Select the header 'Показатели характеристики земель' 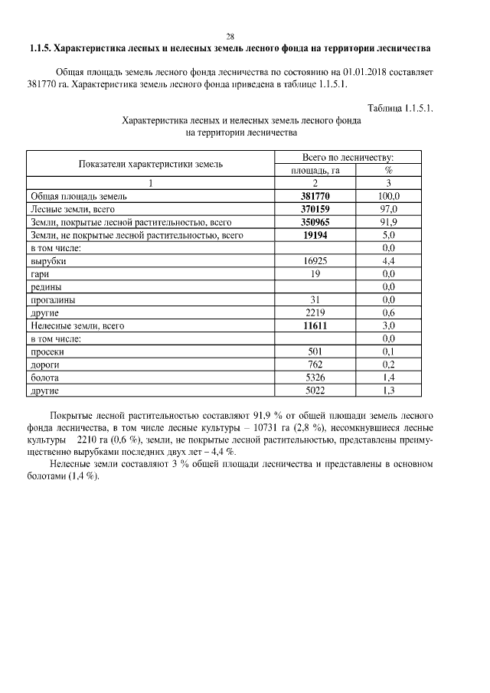coord(150,164)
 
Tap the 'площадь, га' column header coord(315,170)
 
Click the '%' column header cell coord(388,170)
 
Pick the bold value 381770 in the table coord(315,196)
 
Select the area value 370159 coord(315,209)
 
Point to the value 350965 coord(315,222)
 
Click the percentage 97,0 coord(388,209)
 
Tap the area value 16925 coord(315,261)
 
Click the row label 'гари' coord(41,274)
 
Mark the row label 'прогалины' coord(53,300)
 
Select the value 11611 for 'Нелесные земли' coord(315,326)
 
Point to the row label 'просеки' coord(47,352)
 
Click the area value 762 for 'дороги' coord(315,365)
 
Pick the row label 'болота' coord(44,378)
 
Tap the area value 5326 coord(315,378)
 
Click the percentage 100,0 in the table coord(388,196)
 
